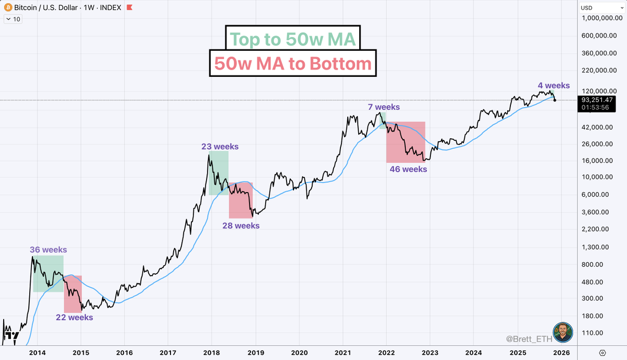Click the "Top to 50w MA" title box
tap(293, 39)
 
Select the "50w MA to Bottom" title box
tap(292, 63)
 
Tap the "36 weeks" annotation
tap(48, 250)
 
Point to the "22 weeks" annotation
tap(75, 318)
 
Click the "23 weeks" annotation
tap(220, 147)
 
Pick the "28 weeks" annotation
tap(241, 226)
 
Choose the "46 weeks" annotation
tap(408, 169)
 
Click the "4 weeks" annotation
tap(554, 86)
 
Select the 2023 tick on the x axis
tap(430, 352)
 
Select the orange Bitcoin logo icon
tap(7, 8)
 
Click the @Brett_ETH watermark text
tap(528, 339)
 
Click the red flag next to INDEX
tap(128, 8)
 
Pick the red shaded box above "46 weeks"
tap(406, 142)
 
